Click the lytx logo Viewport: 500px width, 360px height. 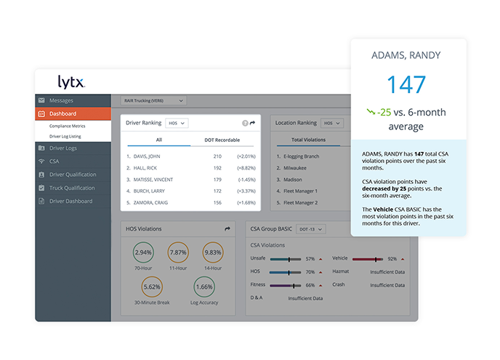pos(71,82)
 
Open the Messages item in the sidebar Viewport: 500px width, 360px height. pos(61,100)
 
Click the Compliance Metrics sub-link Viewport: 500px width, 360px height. pos(68,126)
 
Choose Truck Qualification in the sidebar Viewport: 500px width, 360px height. pos(72,188)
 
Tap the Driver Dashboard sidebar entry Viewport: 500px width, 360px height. pos(70,201)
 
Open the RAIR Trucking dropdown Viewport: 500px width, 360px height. pos(153,101)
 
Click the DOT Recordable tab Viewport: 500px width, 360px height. pos(222,140)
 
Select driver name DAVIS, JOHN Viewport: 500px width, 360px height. pos(147,156)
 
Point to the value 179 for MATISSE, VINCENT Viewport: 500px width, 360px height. pos(217,180)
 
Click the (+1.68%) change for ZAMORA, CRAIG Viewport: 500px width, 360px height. pos(246,203)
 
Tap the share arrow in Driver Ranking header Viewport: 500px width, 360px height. pos(253,123)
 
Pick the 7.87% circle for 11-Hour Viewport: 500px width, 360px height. pos(178,252)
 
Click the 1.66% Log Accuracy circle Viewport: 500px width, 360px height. pos(204,287)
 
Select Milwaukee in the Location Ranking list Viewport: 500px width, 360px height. pos(295,168)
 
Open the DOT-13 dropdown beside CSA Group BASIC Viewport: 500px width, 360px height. pos(311,229)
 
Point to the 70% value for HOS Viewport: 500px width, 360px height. pos(310,272)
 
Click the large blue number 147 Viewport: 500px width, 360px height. pos(406,84)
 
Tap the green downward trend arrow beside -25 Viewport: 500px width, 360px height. pos(371,112)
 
